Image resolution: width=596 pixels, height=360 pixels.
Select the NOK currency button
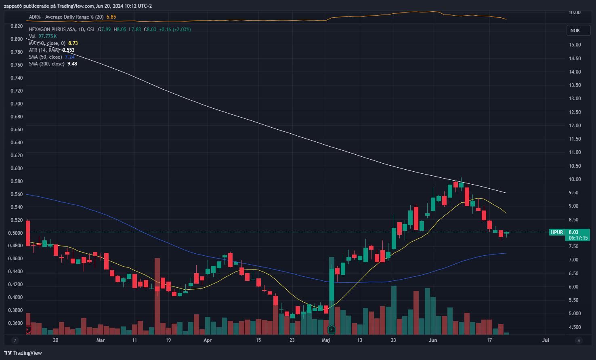(x=575, y=31)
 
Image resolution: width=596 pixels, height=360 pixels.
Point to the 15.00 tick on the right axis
(x=575, y=45)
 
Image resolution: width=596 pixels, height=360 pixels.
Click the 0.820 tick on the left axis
(x=17, y=26)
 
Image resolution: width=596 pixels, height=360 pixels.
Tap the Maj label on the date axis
(x=326, y=340)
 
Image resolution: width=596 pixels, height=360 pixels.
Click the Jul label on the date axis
(x=546, y=340)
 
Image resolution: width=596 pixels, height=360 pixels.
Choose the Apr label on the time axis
(x=208, y=340)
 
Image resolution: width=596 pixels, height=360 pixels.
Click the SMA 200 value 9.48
(x=72, y=64)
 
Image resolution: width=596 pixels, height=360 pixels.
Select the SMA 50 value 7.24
(x=70, y=57)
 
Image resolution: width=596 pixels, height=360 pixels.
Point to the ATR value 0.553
(x=68, y=50)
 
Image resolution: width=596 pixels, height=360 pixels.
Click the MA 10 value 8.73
(x=73, y=43)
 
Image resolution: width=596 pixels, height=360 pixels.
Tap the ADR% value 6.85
(x=111, y=17)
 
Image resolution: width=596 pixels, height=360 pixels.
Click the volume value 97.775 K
(x=48, y=36)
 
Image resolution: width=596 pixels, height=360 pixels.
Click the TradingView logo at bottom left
(x=23, y=353)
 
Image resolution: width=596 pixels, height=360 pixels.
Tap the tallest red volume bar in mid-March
(x=157, y=297)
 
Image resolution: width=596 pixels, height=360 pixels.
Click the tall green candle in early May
(x=332, y=285)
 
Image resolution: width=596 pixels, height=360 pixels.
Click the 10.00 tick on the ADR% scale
(x=575, y=13)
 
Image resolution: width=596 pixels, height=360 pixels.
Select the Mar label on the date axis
(x=101, y=340)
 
